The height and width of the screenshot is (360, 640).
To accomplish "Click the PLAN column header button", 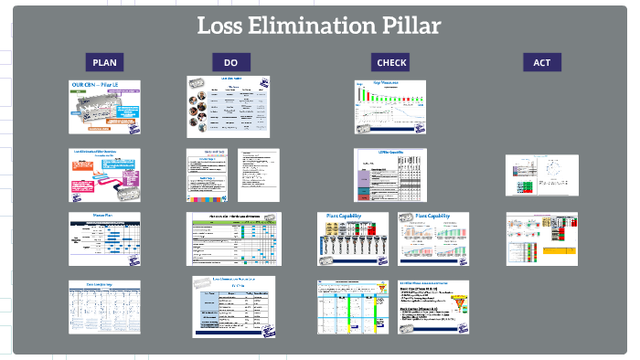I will pos(106,62).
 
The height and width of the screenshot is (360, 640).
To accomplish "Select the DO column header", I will pos(230,62).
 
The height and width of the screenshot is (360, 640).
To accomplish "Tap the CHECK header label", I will pos(390,62).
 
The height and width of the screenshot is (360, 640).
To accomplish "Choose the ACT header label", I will pos(541,62).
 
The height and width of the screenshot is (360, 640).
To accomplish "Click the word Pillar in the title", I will pos(410,26).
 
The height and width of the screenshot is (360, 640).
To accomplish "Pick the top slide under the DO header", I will pos(229,107).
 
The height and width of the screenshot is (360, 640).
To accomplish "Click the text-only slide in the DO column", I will pos(258,175).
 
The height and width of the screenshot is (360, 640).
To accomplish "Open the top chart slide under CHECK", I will pos(389,107).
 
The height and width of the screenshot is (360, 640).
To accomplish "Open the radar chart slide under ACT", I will pos(542,175).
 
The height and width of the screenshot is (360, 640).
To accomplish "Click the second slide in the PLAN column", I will pos(106,175).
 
